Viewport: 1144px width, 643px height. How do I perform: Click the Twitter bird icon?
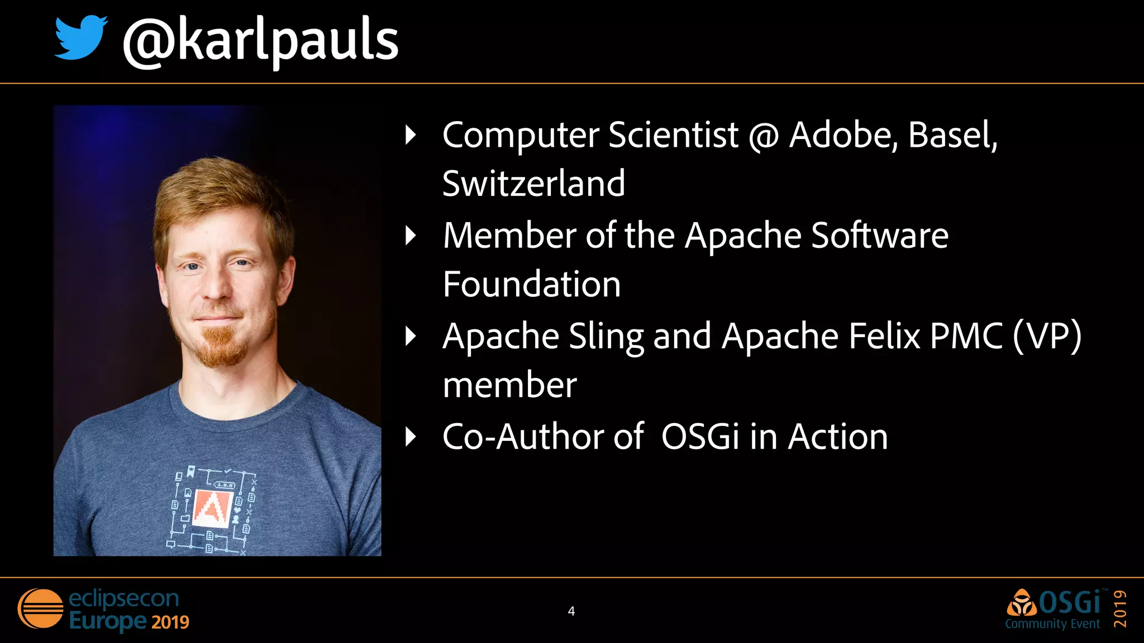coord(80,38)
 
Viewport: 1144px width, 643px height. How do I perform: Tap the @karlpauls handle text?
coord(260,41)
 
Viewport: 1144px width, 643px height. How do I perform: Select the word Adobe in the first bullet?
coord(842,135)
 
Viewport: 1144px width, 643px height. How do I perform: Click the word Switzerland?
coord(533,184)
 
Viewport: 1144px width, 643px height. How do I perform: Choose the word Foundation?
coord(531,284)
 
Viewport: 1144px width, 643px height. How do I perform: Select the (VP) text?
coord(1047,337)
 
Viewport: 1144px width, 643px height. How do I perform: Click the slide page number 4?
coord(571,611)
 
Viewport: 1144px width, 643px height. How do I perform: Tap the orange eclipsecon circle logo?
coord(40,608)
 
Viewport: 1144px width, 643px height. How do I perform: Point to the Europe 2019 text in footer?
coord(129,621)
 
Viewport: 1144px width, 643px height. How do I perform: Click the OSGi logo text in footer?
coord(1069,603)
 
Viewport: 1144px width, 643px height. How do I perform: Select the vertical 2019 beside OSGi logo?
coord(1120,608)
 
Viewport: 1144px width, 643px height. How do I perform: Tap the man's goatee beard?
coord(223,346)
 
